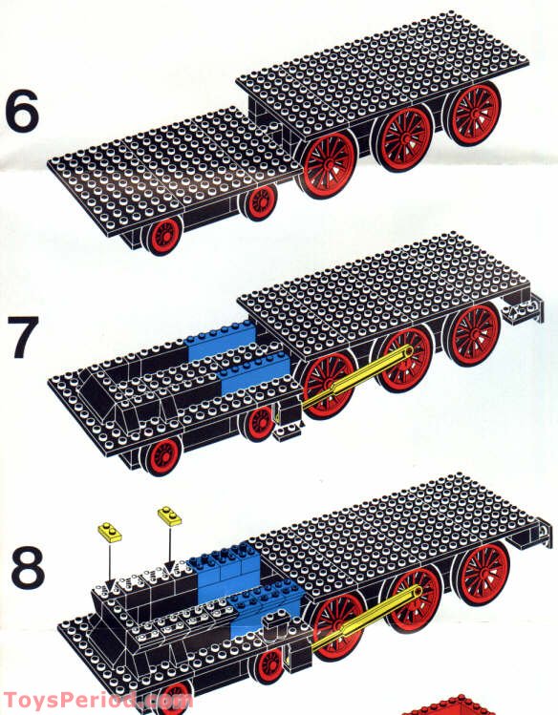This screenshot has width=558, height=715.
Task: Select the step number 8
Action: [x=26, y=568]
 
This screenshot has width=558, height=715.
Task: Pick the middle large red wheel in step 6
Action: [x=405, y=138]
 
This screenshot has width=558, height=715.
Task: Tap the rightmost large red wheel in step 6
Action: [x=474, y=113]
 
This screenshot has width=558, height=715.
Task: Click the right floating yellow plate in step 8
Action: [x=169, y=515]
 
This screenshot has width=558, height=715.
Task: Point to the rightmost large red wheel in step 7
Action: [x=473, y=333]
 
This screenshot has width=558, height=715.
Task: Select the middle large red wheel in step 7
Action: [x=405, y=359]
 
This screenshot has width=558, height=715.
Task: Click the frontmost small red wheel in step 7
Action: [x=165, y=455]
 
